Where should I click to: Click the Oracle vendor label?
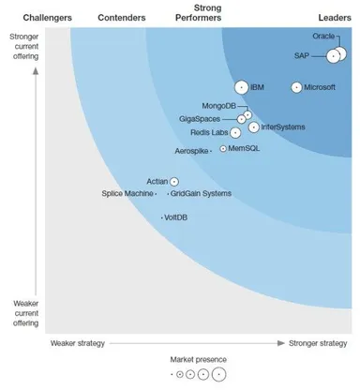click(x=323, y=37)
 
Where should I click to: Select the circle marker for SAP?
click(x=333, y=56)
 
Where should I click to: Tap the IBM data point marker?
click(x=242, y=87)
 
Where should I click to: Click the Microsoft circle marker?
click(x=297, y=87)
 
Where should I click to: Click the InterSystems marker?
click(x=254, y=127)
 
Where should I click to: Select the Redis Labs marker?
click(x=235, y=132)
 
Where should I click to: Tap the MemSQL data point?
click(x=223, y=148)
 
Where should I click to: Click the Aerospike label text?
click(x=192, y=151)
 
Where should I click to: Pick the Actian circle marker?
click(x=173, y=181)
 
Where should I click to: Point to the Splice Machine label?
click(x=127, y=193)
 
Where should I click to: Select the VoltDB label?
click(x=176, y=217)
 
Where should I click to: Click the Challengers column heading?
click(x=47, y=17)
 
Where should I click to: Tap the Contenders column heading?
click(x=122, y=17)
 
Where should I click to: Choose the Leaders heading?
click(x=335, y=17)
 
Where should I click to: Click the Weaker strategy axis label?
click(x=77, y=343)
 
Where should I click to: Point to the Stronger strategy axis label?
click(x=317, y=343)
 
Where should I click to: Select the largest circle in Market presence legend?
click(x=218, y=374)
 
